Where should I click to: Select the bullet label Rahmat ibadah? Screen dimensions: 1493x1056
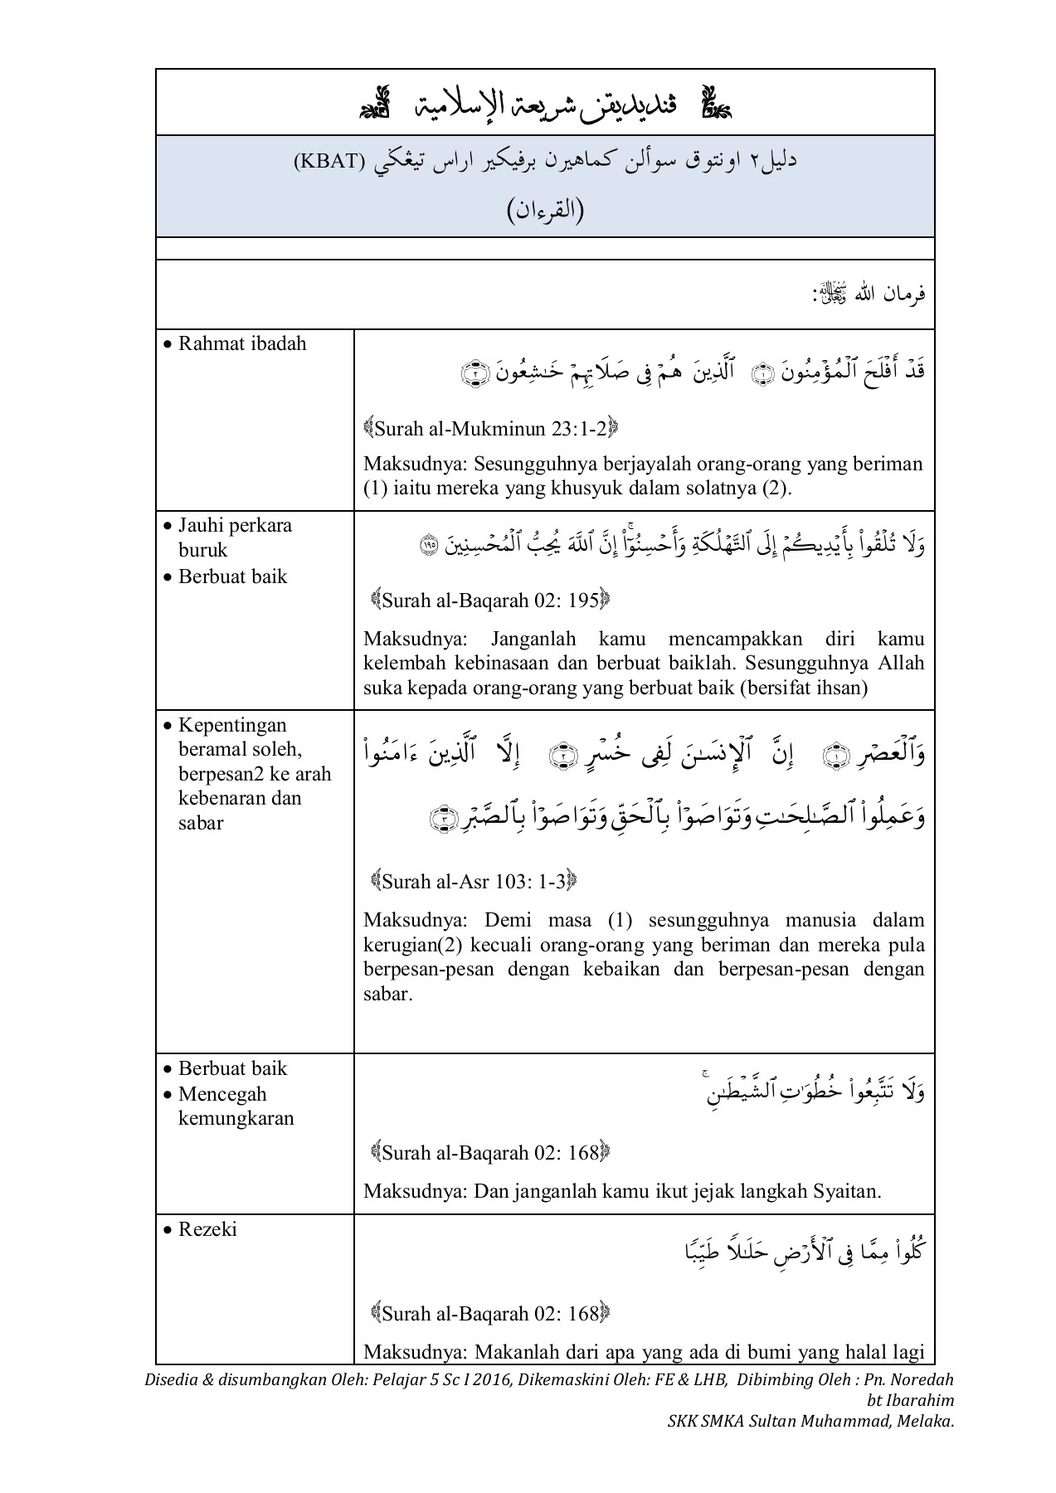[242, 344]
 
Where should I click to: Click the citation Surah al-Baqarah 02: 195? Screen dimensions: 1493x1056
[490, 601]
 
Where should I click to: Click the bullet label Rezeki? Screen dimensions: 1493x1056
[207, 1229]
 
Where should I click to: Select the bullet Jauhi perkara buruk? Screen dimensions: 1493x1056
[235, 537]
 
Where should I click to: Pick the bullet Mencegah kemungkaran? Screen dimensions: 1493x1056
[236, 1106]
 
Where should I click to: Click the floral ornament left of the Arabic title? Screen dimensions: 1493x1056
[377, 104]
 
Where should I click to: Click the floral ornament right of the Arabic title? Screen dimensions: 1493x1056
[715, 104]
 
